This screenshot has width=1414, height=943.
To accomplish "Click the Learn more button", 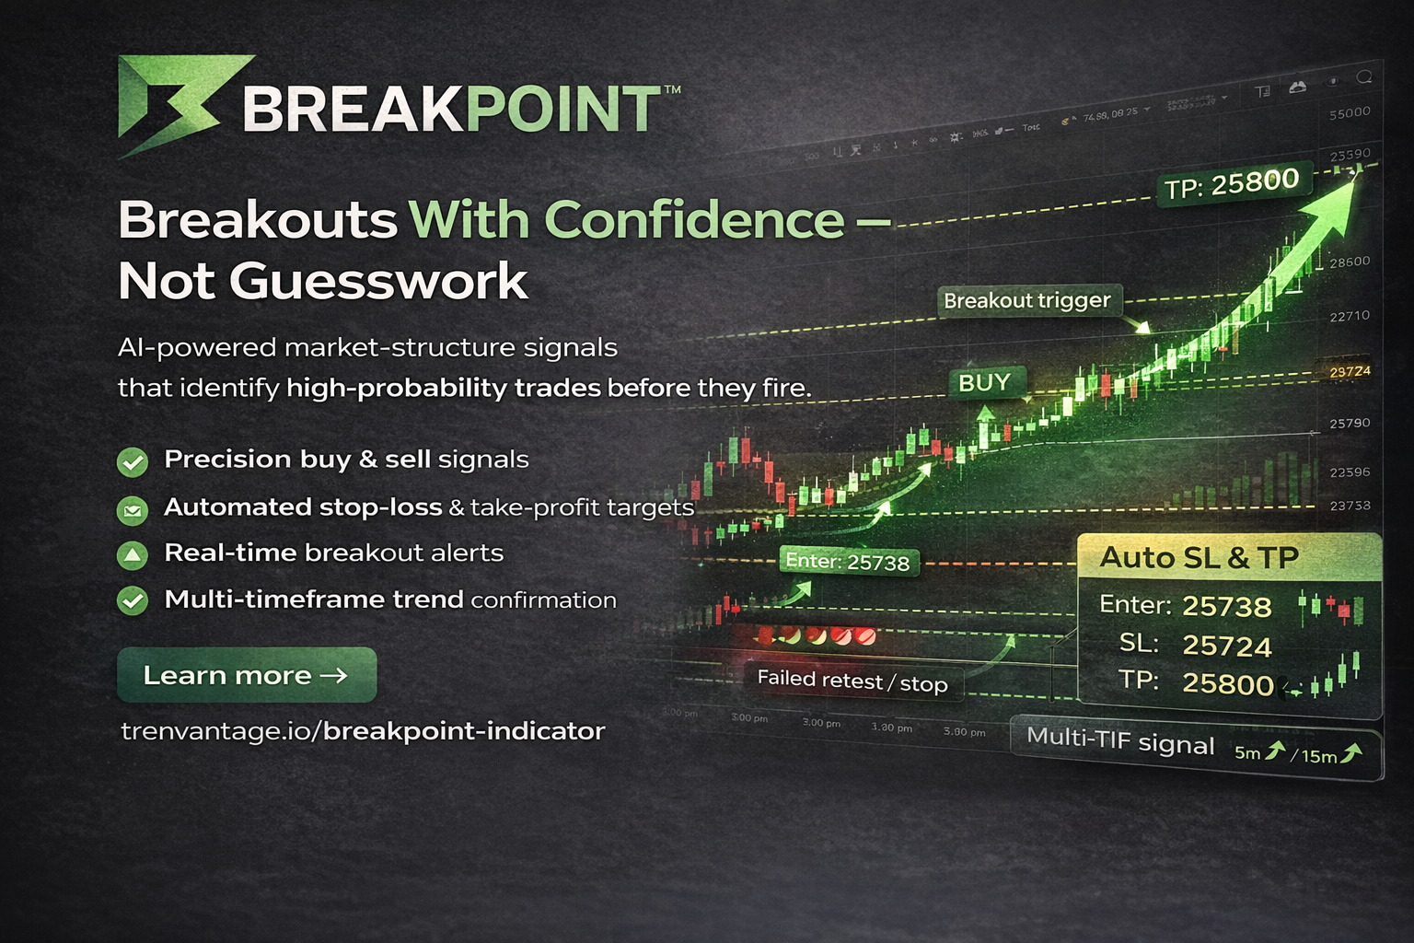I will pos(247,675).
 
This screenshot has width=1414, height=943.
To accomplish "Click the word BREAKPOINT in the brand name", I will pos(451,109).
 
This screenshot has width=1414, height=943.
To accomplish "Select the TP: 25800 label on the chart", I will pos(1232,184).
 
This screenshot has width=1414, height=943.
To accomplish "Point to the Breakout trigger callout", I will pos(1027,300).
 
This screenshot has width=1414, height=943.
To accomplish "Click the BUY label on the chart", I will pos(984,383).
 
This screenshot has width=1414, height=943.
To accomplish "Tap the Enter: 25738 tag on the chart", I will pos(847,562).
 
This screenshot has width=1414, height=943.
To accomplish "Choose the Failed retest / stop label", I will pos(852,682).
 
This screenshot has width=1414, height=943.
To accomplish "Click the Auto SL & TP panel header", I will pos(1199,557).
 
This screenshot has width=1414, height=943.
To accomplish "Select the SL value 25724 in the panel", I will pos(1226,646).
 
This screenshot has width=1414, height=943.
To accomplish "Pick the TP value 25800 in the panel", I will pos(1227,684).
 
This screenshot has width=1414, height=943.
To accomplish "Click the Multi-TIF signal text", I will pos(1120,741).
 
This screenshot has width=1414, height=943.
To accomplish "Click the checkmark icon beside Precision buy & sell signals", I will pos(133,460).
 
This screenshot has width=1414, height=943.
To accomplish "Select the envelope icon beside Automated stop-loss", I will pos(133,508).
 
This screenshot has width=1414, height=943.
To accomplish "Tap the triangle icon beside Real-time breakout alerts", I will pos(133,554).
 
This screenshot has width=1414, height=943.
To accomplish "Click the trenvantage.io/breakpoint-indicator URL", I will pos(363,731).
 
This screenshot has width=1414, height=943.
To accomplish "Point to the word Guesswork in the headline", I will pos(378,281).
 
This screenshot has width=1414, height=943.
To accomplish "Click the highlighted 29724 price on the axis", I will pos(1350,371).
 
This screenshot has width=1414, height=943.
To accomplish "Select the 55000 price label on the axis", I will pos(1350,113).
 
